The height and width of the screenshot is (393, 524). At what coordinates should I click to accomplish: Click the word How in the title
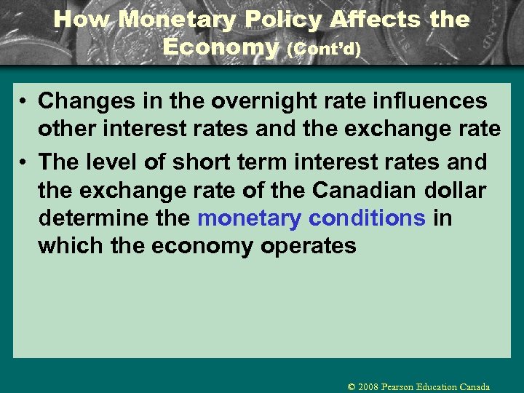pos(82,20)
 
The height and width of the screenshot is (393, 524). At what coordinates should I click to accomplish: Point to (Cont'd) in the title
pos(324,49)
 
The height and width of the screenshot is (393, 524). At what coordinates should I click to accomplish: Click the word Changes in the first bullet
pos(80,100)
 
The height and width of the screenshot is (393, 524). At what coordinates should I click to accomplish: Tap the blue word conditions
pos(367,218)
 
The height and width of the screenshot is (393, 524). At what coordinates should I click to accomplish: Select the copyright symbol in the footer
pos(352,386)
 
